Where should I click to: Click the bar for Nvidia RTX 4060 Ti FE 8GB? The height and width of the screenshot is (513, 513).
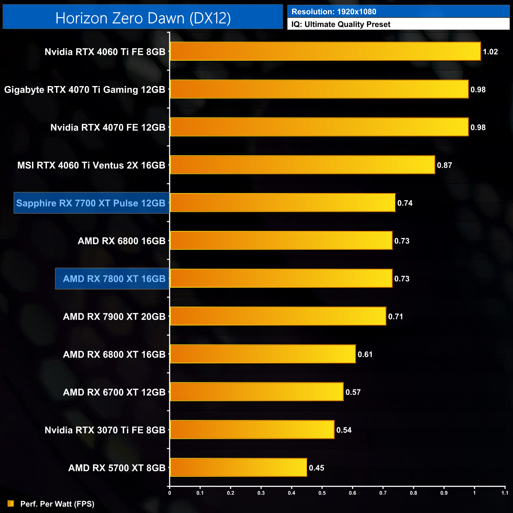(325, 51)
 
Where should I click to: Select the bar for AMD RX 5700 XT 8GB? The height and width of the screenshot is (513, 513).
(238, 467)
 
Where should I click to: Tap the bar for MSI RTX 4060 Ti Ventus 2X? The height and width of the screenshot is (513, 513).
(302, 165)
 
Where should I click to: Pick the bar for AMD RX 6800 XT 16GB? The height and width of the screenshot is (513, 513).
(263, 354)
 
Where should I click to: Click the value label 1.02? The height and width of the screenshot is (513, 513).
(490, 52)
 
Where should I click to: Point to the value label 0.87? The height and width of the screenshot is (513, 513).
(444, 165)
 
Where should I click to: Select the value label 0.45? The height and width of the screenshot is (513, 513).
(316, 468)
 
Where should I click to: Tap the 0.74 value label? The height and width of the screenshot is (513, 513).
(405, 203)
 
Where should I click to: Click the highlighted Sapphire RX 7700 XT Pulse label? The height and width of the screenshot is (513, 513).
(91, 203)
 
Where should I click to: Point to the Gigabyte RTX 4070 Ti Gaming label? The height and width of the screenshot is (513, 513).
(84, 90)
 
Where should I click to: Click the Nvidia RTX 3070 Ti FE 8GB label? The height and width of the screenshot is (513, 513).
(105, 430)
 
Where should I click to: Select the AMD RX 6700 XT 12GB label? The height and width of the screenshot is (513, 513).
(114, 392)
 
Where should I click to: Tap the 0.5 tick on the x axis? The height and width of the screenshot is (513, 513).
(322, 493)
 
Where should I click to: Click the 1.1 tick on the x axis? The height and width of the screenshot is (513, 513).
(505, 493)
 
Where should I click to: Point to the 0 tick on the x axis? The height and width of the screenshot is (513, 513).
(170, 493)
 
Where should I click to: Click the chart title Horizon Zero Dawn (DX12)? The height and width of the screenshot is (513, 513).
(143, 18)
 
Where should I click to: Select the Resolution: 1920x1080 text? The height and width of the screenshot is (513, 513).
(334, 12)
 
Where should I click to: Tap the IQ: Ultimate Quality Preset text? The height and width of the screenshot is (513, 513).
(341, 24)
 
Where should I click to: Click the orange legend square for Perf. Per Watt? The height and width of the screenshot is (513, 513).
(11, 504)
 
